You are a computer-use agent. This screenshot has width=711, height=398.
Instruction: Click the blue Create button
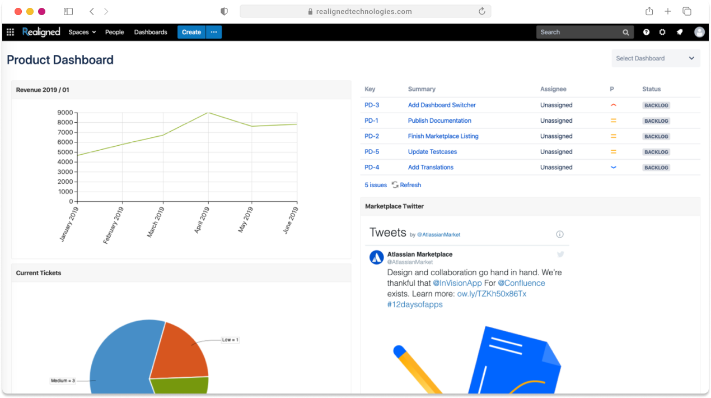coord(191,32)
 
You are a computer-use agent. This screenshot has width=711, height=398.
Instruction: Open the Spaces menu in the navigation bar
coord(82,32)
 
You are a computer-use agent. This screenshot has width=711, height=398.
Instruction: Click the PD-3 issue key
coord(372,105)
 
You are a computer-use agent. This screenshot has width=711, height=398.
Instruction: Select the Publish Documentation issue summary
coord(439,121)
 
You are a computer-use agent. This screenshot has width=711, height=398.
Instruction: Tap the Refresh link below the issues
coord(410,185)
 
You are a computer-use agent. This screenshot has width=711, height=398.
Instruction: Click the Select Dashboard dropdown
coord(655,58)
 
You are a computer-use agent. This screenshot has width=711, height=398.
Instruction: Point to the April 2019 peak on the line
coord(208,113)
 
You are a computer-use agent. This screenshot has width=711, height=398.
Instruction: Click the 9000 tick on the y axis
coord(66,113)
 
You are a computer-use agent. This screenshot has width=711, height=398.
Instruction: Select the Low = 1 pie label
coord(230,340)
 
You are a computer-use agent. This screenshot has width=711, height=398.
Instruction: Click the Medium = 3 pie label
coord(63,381)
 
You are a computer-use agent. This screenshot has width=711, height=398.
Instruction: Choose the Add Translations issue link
coord(431,167)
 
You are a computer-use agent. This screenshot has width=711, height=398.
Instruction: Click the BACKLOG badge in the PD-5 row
coord(656,152)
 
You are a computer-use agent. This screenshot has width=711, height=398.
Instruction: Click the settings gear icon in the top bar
coord(662,32)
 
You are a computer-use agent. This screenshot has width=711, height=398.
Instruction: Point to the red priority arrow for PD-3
coord(613,105)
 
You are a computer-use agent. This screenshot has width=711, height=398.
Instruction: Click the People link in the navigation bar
coord(114,32)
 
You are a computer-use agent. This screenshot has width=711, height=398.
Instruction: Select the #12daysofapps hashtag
coord(415,304)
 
